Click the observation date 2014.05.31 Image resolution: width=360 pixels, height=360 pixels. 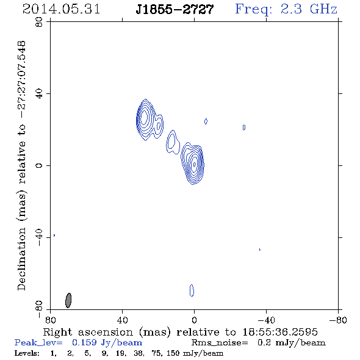(x=61, y=9)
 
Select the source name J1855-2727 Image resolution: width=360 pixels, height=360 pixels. (x=175, y=10)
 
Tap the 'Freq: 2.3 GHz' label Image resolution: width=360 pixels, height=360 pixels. (x=286, y=9)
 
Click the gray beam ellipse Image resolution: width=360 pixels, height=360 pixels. (x=68, y=300)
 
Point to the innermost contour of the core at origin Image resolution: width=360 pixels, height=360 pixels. (x=195, y=164)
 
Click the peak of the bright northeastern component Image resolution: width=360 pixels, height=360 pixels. (x=144, y=117)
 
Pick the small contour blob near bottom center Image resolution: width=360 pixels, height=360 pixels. (x=192, y=290)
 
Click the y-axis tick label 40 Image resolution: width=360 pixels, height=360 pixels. (x=39, y=94)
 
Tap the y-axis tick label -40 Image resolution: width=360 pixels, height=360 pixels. (x=39, y=237)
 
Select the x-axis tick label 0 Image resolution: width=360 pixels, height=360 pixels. (x=194, y=320)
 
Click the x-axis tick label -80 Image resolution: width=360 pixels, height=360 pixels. (x=338, y=320)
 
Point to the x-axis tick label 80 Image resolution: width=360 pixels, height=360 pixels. (x=50, y=320)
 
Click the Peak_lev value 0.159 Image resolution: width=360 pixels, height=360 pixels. (x=84, y=342)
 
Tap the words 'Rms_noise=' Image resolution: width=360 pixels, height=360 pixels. (x=220, y=343)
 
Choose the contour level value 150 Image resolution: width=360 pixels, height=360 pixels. (x=173, y=353)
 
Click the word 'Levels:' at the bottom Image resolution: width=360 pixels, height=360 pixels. (x=27, y=353)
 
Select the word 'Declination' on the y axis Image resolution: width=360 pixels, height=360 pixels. (x=21, y=259)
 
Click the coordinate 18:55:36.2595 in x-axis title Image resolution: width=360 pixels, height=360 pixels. (x=280, y=332)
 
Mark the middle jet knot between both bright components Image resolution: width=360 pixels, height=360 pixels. (x=173, y=142)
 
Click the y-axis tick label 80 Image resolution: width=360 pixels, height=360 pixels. (x=39, y=22)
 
